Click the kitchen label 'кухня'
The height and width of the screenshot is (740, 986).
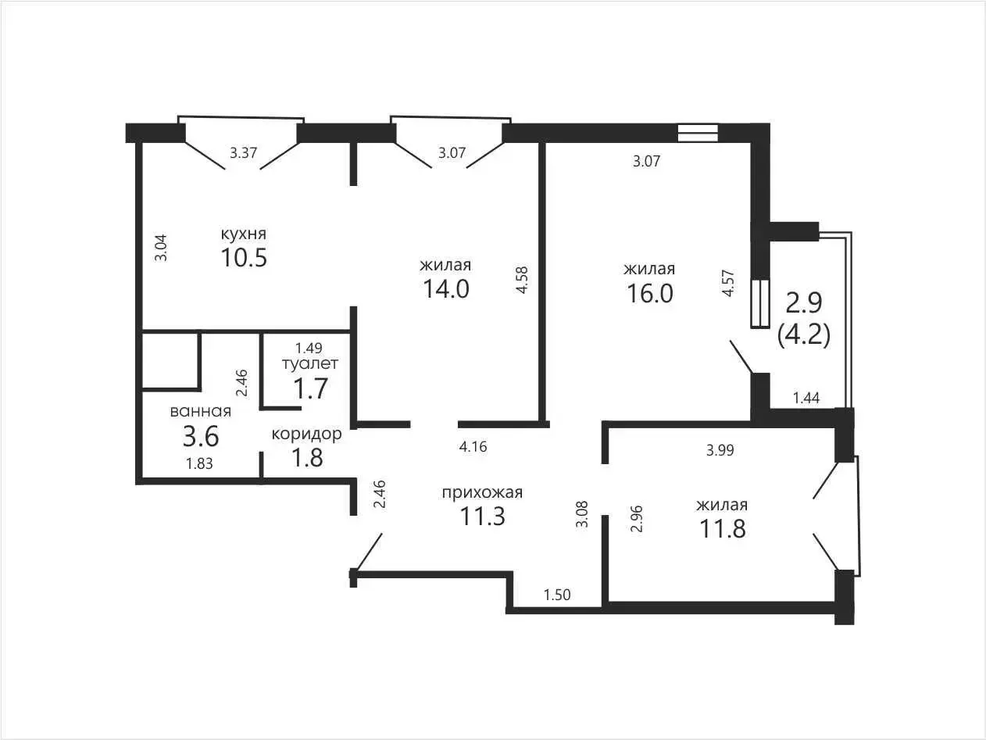pyautogui.click(x=244, y=234)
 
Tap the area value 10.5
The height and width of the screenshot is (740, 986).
pyautogui.click(x=244, y=258)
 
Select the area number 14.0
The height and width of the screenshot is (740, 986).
pyautogui.click(x=446, y=289)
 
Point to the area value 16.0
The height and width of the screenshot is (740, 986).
pyautogui.click(x=649, y=293)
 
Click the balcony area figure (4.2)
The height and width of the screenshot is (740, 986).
pyautogui.click(x=804, y=334)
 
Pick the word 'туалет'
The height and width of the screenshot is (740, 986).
pyautogui.click(x=310, y=363)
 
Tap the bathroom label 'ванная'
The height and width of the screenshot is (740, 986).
pyautogui.click(x=200, y=411)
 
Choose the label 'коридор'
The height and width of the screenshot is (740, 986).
pyautogui.click(x=307, y=434)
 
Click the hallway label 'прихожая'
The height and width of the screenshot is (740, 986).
pyautogui.click(x=482, y=493)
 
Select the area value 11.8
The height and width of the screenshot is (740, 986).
pyautogui.click(x=723, y=528)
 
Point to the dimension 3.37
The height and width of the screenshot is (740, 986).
pyautogui.click(x=243, y=152)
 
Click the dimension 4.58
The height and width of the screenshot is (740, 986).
pyautogui.click(x=522, y=280)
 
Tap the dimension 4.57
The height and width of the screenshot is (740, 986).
pyautogui.click(x=727, y=283)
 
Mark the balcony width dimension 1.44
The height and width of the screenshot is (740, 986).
pyautogui.click(x=806, y=398)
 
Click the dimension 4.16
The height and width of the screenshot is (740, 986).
pyautogui.click(x=473, y=447)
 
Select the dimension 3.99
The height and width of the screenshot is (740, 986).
pyautogui.click(x=720, y=450)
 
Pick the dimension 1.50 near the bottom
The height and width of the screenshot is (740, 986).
pyautogui.click(x=557, y=595)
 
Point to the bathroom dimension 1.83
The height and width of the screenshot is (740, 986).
pyautogui.click(x=199, y=463)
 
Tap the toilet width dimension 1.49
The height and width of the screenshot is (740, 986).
pyautogui.click(x=309, y=348)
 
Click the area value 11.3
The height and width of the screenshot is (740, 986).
pyautogui.click(x=482, y=517)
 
